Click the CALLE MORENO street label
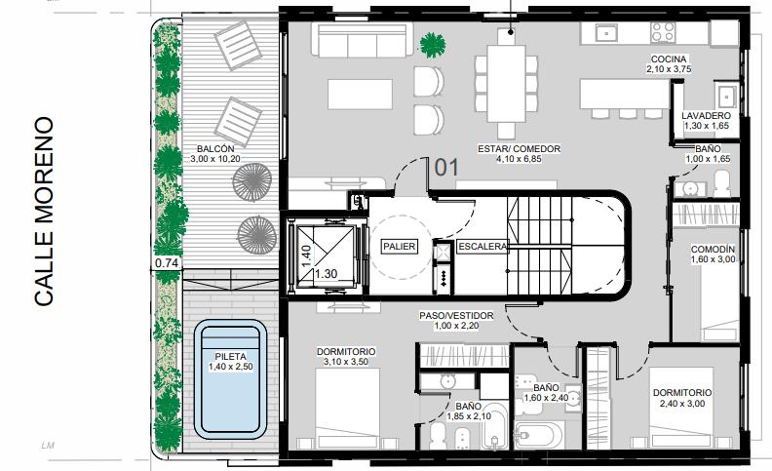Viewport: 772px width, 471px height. (44, 211)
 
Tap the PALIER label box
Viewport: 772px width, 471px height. (400, 247)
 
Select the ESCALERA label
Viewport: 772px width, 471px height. (482, 247)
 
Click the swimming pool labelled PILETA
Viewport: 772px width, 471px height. (230, 379)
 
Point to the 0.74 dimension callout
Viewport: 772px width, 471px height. (167, 263)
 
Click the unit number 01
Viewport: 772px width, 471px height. (446, 168)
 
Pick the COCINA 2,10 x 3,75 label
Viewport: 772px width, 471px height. (669, 64)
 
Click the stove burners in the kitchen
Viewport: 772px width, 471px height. (663, 32)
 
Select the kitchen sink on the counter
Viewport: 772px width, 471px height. (607, 33)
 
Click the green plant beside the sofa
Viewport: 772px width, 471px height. (432, 44)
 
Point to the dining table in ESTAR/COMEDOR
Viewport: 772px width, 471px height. (506, 84)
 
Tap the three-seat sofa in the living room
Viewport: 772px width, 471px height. (363, 40)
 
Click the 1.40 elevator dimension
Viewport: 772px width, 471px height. (306, 256)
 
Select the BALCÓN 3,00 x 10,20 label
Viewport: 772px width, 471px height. (215, 154)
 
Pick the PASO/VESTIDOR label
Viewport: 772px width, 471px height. (456, 320)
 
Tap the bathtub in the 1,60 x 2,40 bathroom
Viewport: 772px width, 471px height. (540, 435)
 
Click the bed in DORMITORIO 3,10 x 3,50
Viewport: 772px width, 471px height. (348, 408)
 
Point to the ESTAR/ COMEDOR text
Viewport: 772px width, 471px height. (519, 149)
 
